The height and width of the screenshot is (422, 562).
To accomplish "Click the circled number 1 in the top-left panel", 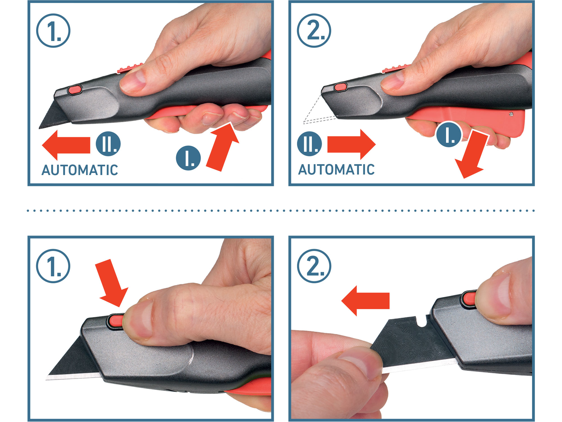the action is tap(53, 31).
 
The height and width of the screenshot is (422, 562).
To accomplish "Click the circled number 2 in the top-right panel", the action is tap(314, 31).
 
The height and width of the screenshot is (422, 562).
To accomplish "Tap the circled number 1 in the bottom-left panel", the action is tap(53, 266).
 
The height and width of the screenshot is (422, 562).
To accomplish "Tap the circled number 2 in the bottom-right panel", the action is tap(314, 266).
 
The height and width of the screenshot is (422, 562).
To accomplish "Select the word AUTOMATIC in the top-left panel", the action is tap(80, 170).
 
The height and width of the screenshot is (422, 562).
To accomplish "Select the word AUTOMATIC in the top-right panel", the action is tap(336, 169).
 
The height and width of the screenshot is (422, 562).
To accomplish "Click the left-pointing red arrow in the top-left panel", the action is tap(66, 145).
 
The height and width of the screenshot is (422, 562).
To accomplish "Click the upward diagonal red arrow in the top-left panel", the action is tap(223, 147).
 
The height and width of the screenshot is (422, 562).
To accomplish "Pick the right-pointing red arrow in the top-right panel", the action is tap(352, 145).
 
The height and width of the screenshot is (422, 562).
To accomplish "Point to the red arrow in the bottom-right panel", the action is tap(365, 301).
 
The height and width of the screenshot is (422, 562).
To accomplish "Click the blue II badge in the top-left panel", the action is tap(108, 144).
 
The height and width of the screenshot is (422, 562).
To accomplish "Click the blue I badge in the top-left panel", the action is tap(188, 158).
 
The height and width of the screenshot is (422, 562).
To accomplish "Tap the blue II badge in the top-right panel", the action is tap(309, 144).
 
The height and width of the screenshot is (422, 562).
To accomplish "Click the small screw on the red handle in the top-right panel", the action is tap(511, 114).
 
